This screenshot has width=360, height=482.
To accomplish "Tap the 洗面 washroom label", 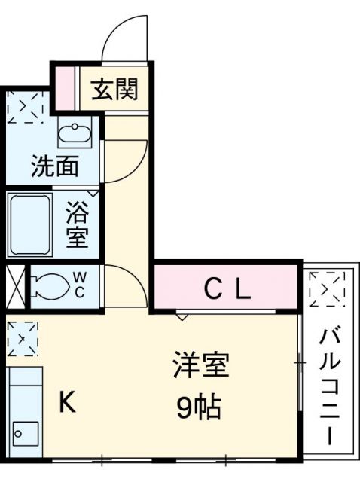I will [54, 166].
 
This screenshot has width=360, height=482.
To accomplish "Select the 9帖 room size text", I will [199, 407].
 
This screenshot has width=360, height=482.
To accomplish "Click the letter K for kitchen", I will [68, 404].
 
